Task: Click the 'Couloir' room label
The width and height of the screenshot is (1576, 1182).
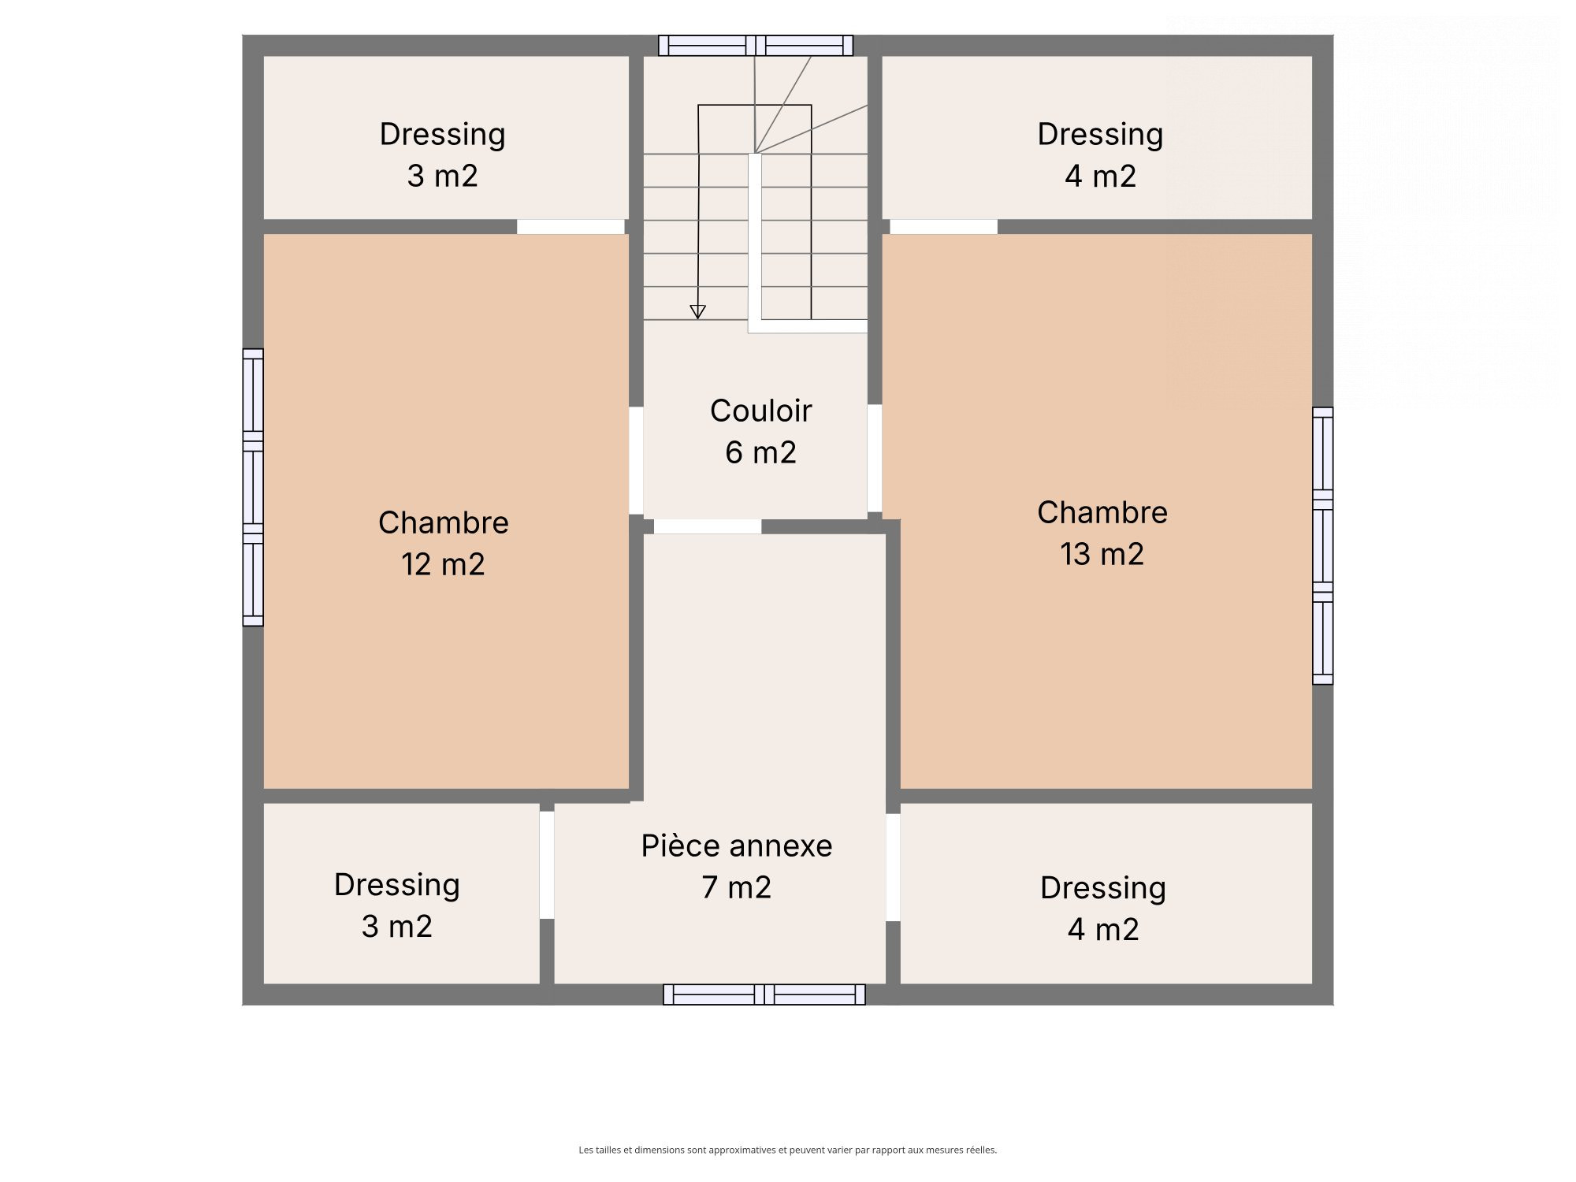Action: [x=760, y=411]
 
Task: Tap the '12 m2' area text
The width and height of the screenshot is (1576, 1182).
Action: [x=443, y=564]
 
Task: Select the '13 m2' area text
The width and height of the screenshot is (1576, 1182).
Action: [x=1102, y=554]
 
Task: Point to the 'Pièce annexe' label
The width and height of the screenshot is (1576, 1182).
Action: [x=737, y=846]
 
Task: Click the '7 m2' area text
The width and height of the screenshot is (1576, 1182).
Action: [x=737, y=887]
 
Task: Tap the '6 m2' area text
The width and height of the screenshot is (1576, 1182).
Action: [x=760, y=452]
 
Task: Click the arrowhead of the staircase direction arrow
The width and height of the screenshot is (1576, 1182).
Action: [x=697, y=312]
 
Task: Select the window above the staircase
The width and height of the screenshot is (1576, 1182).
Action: [x=756, y=46]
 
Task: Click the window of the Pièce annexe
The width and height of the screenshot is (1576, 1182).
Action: [x=764, y=994]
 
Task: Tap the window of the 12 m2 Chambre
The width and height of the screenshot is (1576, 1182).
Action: [x=253, y=488]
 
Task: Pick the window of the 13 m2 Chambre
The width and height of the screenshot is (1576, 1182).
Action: [x=1323, y=546]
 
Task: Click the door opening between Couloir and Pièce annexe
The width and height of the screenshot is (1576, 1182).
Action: [x=708, y=526]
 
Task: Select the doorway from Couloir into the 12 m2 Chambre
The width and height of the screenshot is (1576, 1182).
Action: [x=636, y=460]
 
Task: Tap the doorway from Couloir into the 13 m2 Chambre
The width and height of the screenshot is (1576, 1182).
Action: [x=875, y=459]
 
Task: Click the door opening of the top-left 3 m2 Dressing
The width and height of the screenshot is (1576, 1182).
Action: [x=571, y=227]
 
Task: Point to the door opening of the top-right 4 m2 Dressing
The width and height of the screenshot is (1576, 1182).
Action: [x=944, y=227]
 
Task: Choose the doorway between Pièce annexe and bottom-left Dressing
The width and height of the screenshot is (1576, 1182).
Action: [x=547, y=865]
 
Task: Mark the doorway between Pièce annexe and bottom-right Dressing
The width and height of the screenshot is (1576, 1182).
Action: [x=893, y=868]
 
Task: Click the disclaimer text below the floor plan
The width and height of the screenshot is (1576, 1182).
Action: [x=788, y=1150]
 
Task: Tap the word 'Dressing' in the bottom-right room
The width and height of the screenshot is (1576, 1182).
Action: [x=1103, y=888]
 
